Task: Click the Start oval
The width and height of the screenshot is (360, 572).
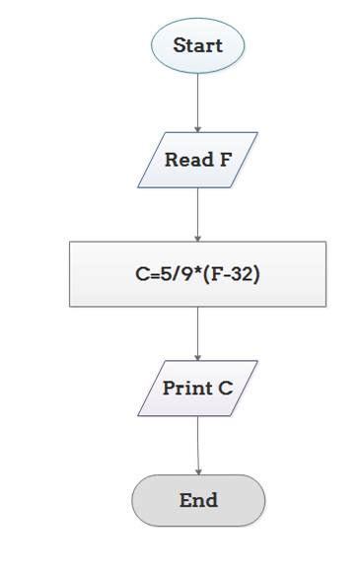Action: pyautogui.click(x=197, y=45)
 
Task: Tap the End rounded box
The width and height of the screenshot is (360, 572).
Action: pyautogui.click(x=198, y=500)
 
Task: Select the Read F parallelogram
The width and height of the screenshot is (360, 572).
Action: pyautogui.click(x=197, y=160)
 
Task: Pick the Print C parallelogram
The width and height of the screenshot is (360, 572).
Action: pyautogui.click(x=197, y=388)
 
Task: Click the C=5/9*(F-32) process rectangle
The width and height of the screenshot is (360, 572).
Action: pyautogui.click(x=197, y=274)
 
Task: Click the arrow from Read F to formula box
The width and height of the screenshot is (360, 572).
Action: pyautogui.click(x=198, y=214)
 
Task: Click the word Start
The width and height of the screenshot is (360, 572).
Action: pyautogui.click(x=197, y=45)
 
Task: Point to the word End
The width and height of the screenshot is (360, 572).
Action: pyautogui.click(x=198, y=500)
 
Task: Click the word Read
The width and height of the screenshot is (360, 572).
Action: pyautogui.click(x=186, y=160)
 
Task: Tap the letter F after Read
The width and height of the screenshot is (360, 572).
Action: pyautogui.click(x=225, y=160)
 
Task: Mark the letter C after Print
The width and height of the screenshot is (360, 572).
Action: pyautogui.click(x=226, y=388)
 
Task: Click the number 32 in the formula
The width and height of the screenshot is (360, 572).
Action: pyautogui.click(x=243, y=274)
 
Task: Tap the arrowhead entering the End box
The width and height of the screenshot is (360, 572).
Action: pyautogui.click(x=198, y=470)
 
